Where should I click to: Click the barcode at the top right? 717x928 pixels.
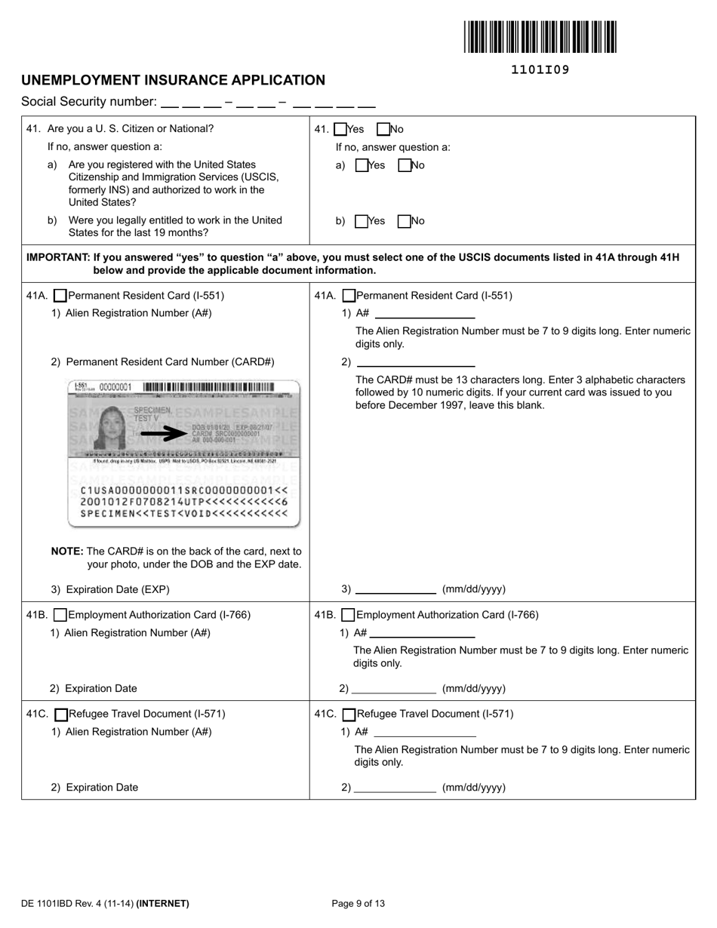[540, 37]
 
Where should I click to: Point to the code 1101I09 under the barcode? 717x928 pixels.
[540, 70]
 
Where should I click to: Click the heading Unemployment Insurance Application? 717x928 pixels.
[173, 80]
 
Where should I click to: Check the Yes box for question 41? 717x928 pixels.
[340, 129]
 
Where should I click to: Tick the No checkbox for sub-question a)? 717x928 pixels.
[404, 165]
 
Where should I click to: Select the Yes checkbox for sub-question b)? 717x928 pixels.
[362, 221]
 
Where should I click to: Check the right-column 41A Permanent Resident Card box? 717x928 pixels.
[349, 296]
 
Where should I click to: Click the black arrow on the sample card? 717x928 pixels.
[164, 434]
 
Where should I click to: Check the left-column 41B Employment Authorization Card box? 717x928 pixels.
[61, 615]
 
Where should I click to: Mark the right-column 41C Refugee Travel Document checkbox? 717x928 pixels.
[349, 714]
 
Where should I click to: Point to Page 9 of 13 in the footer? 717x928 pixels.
[358, 903]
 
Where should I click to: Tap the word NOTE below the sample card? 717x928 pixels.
[66, 551]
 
